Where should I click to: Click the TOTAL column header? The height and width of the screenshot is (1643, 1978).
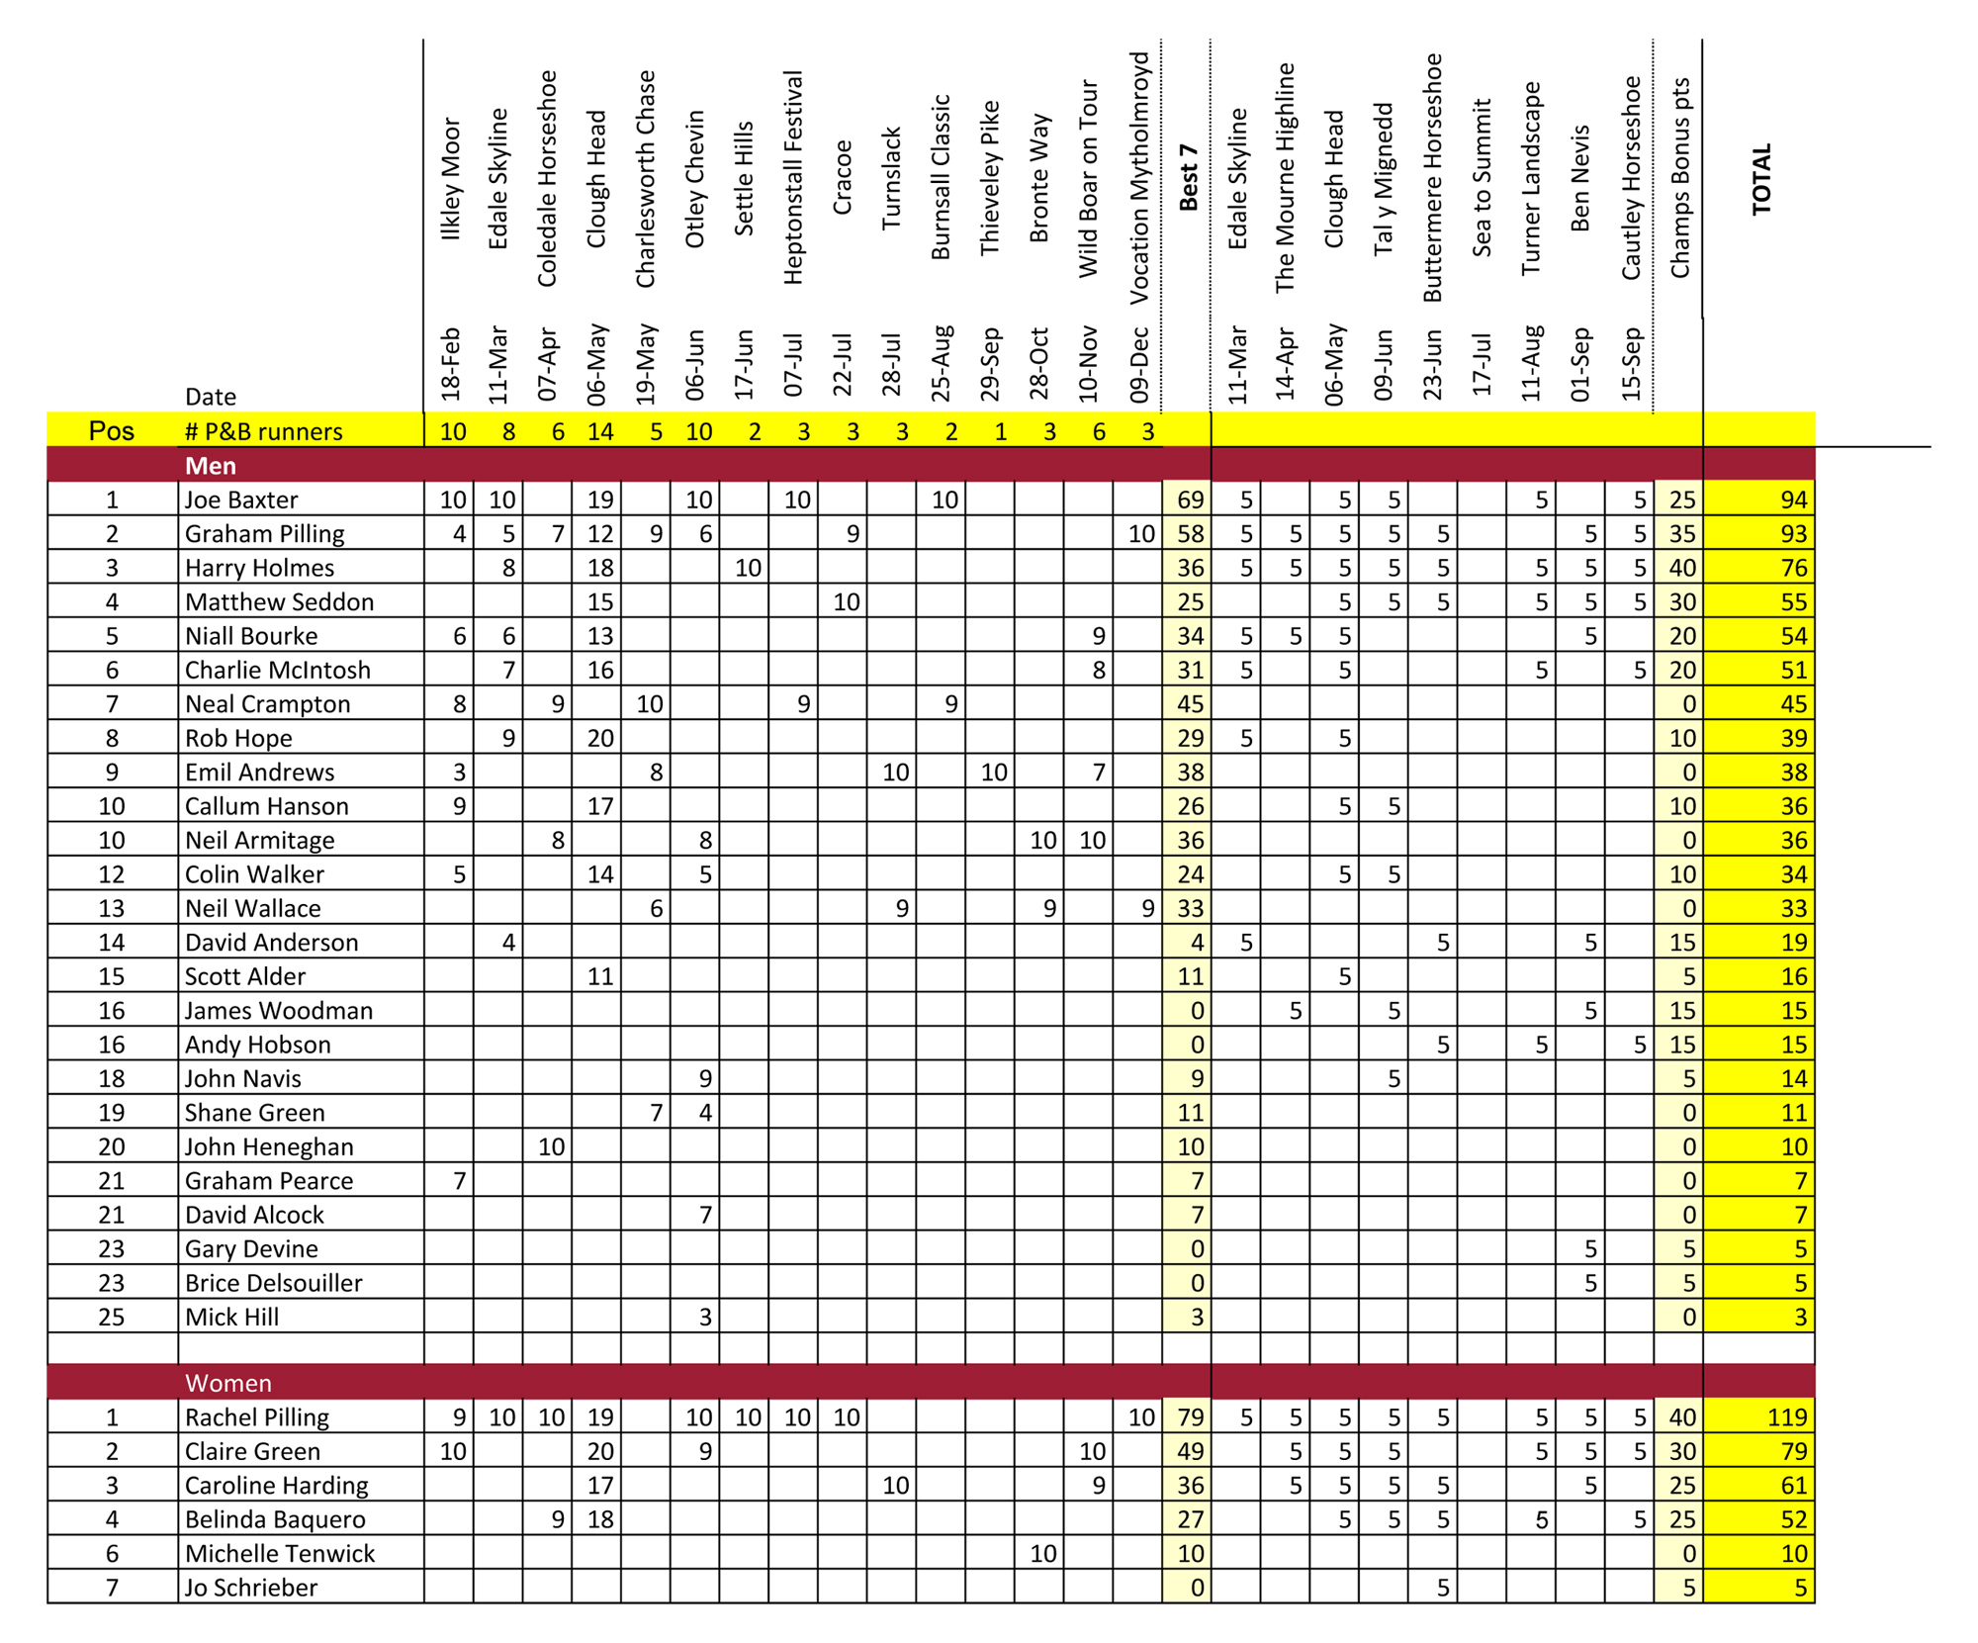[x=1761, y=179]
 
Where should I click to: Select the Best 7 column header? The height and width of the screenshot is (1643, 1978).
[x=1188, y=178]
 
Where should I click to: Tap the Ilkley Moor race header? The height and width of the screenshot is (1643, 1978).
[x=451, y=179]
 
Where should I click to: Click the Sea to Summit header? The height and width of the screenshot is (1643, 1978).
[x=1482, y=178]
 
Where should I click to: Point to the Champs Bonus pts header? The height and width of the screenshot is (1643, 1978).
[x=1679, y=178]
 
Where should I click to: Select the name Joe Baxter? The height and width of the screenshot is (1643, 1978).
[x=241, y=500]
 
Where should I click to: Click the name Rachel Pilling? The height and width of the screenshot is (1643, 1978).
[x=257, y=1417]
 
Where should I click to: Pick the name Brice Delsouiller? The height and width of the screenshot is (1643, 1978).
[x=274, y=1283]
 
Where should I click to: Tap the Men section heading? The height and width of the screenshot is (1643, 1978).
[x=211, y=466]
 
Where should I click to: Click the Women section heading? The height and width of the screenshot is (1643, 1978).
[x=228, y=1383]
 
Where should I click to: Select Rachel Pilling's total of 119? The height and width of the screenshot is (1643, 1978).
[x=1786, y=1417]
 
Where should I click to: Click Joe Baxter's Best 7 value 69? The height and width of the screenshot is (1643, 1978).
[x=1190, y=500]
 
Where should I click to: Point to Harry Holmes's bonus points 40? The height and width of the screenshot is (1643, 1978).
[x=1681, y=568]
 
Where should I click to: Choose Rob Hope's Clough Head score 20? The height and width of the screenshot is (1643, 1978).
[x=600, y=738]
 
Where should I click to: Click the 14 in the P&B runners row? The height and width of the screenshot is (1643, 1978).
[x=600, y=431]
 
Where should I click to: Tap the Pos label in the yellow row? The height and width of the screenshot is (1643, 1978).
[x=112, y=431]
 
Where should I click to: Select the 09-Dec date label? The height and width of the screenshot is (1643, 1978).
[x=1138, y=364]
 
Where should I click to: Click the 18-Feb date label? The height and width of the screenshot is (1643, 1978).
[x=451, y=364]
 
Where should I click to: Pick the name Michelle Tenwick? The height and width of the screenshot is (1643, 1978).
[x=280, y=1554]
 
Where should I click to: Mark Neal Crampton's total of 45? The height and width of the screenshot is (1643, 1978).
[x=1793, y=704]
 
